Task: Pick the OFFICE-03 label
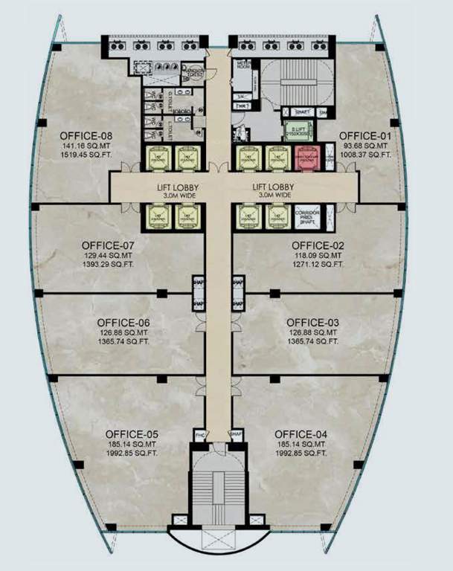[312, 323]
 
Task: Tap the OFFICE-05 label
[131, 434]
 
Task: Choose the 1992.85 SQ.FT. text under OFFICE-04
[300, 454]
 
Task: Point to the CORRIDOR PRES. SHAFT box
[307, 216]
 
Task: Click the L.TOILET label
[170, 127]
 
